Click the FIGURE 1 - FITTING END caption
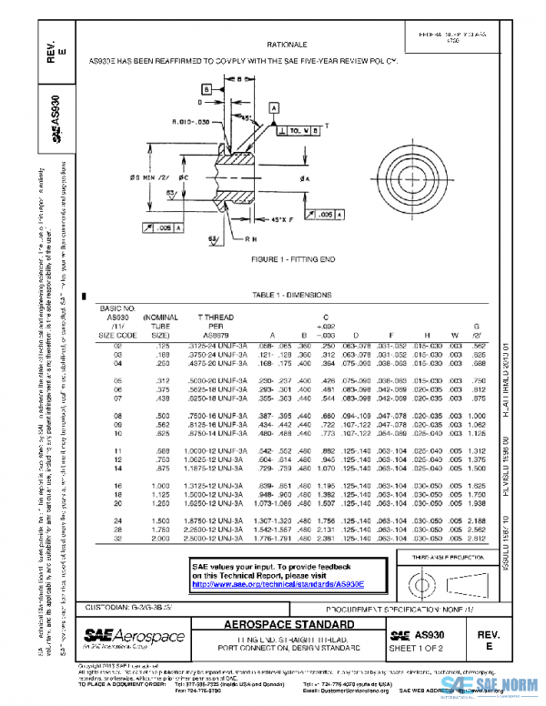(x=294, y=259)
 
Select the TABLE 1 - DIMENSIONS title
(x=293, y=297)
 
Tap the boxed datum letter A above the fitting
(x=273, y=106)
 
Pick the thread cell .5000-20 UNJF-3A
(x=223, y=379)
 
